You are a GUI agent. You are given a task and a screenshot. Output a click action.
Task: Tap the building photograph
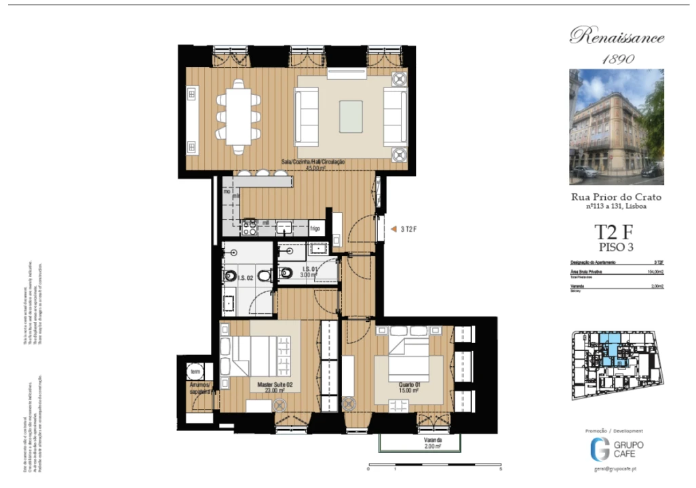point(617,127)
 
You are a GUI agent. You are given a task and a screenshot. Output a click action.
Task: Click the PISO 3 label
point(616,247)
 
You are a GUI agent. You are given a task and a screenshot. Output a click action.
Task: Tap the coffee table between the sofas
point(350,113)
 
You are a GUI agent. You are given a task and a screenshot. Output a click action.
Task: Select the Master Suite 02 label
point(274,387)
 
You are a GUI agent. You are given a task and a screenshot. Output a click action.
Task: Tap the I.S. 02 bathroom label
point(245,278)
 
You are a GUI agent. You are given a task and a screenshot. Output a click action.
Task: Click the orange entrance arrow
point(393,229)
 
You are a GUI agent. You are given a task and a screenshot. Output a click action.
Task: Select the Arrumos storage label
point(201,388)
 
